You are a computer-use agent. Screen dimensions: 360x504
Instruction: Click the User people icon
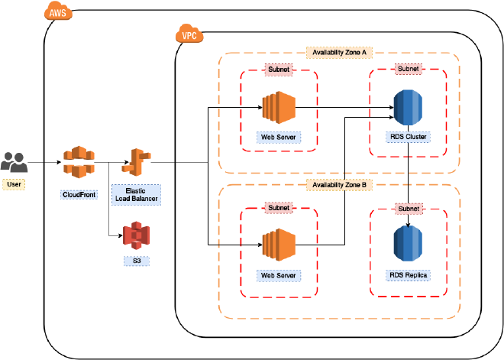pos(14,162)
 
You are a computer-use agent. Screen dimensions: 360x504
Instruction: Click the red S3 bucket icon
pos(137,235)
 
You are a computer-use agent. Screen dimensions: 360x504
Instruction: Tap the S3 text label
pos(137,261)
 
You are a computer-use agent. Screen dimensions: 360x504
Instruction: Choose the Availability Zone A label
pos(339,53)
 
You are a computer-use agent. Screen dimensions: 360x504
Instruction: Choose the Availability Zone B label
pos(339,184)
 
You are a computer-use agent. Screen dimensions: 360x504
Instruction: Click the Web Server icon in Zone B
pos(278,245)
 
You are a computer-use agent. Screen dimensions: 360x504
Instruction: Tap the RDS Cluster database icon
pos(407,108)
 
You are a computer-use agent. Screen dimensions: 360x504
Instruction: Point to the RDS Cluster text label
pos(407,138)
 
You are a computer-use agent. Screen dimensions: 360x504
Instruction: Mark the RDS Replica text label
pos(407,274)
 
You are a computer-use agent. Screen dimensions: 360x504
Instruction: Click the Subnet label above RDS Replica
pos(408,208)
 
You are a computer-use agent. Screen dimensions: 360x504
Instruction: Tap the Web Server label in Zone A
pos(278,138)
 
